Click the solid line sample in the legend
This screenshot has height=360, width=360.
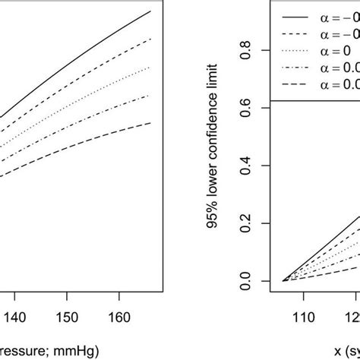pos(297,14)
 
